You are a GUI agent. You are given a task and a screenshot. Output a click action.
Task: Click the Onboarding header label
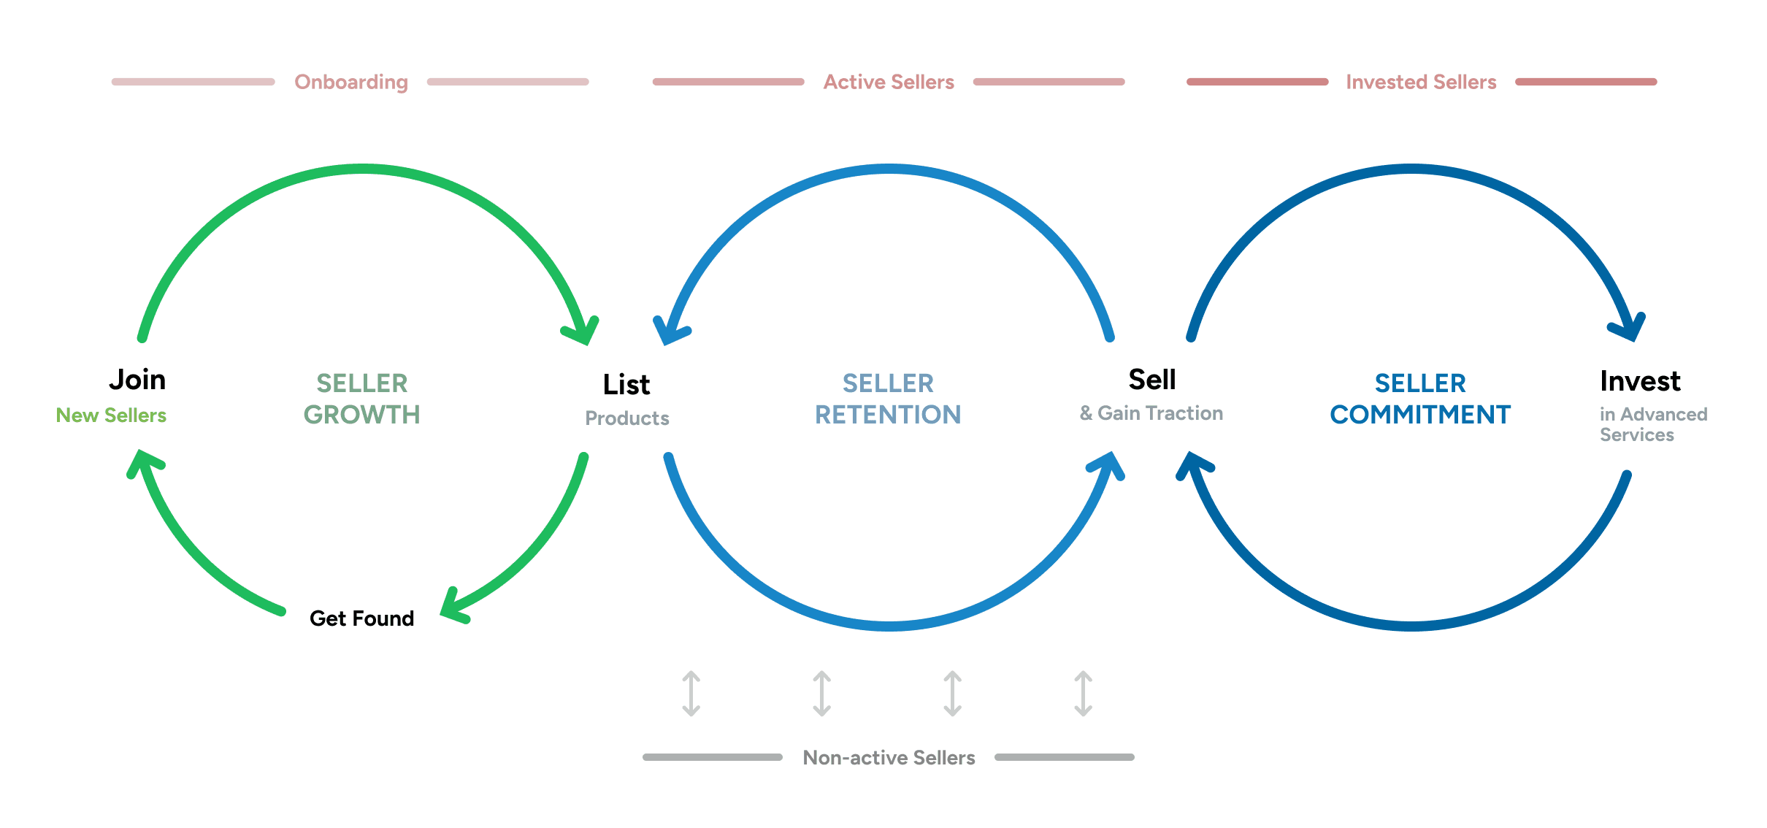(351, 82)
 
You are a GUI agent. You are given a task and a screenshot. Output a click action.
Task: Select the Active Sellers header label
(889, 82)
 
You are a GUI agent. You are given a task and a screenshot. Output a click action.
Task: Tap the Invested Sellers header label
(1421, 82)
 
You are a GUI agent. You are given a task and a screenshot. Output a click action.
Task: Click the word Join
(137, 380)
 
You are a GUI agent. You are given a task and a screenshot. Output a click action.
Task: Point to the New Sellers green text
(111, 415)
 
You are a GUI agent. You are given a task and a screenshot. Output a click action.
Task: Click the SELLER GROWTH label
(362, 399)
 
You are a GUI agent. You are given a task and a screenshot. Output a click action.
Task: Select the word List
(626, 385)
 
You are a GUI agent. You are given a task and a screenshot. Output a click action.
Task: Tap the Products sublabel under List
(627, 418)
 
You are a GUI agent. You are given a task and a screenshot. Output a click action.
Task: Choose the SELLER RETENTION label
(888, 399)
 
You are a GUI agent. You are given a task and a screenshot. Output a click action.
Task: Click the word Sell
(1152, 380)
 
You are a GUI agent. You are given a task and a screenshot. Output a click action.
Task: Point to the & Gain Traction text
(1151, 413)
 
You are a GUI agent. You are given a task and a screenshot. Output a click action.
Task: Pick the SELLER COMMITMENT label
(1420, 399)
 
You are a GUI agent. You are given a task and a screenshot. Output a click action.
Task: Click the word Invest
(1640, 381)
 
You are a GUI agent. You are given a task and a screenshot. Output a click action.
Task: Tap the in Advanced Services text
(1653, 424)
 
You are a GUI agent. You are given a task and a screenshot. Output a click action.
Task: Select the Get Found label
(361, 618)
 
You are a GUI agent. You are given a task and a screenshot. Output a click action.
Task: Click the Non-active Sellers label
(889, 758)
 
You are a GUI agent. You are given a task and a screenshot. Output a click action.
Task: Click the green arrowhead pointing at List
(583, 331)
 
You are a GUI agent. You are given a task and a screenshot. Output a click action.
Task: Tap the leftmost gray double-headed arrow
(691, 694)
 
